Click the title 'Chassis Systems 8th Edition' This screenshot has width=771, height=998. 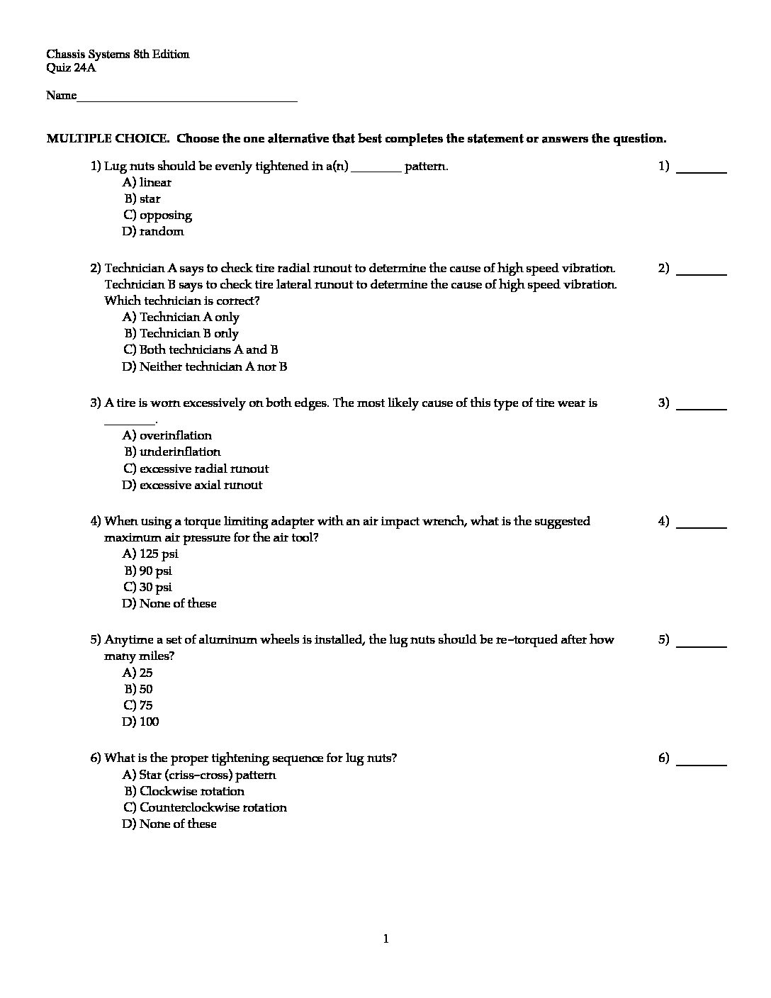click(118, 55)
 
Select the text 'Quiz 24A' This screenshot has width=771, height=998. click(70, 68)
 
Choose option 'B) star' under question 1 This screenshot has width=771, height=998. click(142, 199)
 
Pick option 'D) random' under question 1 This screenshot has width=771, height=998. click(153, 232)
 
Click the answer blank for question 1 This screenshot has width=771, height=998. click(702, 170)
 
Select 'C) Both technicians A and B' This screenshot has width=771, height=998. click(201, 350)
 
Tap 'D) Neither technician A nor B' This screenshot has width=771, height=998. click(205, 367)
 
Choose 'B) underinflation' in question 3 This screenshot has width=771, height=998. click(173, 452)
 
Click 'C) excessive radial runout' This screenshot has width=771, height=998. click(196, 469)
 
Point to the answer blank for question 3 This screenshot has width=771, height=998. click(702, 407)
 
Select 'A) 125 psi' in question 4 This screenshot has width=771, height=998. click(150, 554)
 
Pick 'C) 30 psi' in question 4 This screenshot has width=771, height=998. click(148, 588)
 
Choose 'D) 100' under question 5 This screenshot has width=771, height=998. click(141, 722)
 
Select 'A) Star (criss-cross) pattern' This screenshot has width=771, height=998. click(199, 775)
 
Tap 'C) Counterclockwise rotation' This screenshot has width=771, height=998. click(205, 808)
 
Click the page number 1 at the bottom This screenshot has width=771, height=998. click(385, 940)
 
